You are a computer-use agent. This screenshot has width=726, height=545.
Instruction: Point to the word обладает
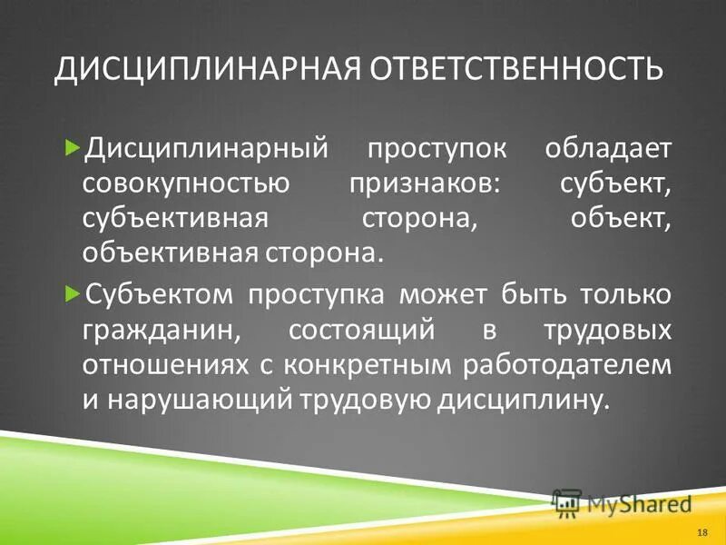[x=608, y=147]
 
